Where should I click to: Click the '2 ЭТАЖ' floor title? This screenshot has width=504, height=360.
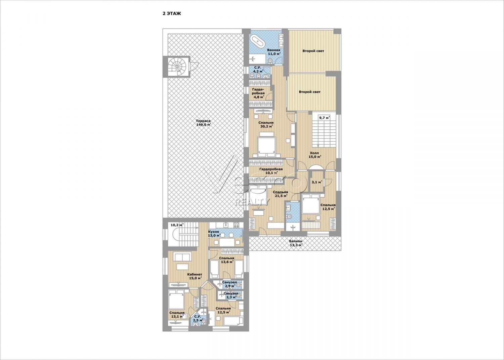(172, 13)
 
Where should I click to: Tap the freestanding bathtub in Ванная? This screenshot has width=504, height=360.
(256, 41)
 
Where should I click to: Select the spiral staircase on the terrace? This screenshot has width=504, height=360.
(177, 67)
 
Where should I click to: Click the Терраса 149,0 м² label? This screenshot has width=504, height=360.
(203, 122)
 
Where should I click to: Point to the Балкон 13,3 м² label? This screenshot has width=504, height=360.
(296, 243)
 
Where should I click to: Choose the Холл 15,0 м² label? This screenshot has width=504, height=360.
(314, 155)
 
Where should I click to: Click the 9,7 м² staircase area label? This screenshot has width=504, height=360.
(324, 117)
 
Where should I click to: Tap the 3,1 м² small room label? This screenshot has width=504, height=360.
(317, 182)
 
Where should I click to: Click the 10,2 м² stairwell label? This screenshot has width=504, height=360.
(177, 225)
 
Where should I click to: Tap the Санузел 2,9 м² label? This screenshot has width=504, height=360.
(229, 284)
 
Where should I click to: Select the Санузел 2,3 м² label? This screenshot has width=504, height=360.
(230, 295)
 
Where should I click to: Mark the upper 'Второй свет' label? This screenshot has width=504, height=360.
(313, 51)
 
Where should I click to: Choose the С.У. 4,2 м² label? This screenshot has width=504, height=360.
(258, 69)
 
